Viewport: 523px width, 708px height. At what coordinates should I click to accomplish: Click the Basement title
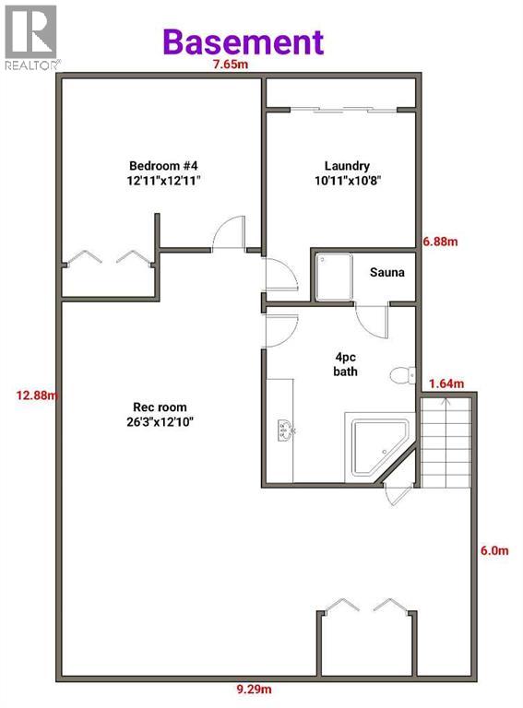(244, 41)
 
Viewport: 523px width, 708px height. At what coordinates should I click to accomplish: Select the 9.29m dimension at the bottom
(254, 689)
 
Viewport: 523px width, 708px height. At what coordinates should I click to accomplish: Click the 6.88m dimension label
(440, 242)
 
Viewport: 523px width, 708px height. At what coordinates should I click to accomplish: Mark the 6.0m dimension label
(495, 550)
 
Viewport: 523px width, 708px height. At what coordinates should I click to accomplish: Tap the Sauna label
(385, 274)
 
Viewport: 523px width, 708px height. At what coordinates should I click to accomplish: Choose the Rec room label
(161, 415)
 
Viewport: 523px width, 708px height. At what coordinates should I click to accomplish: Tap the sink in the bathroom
(283, 429)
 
